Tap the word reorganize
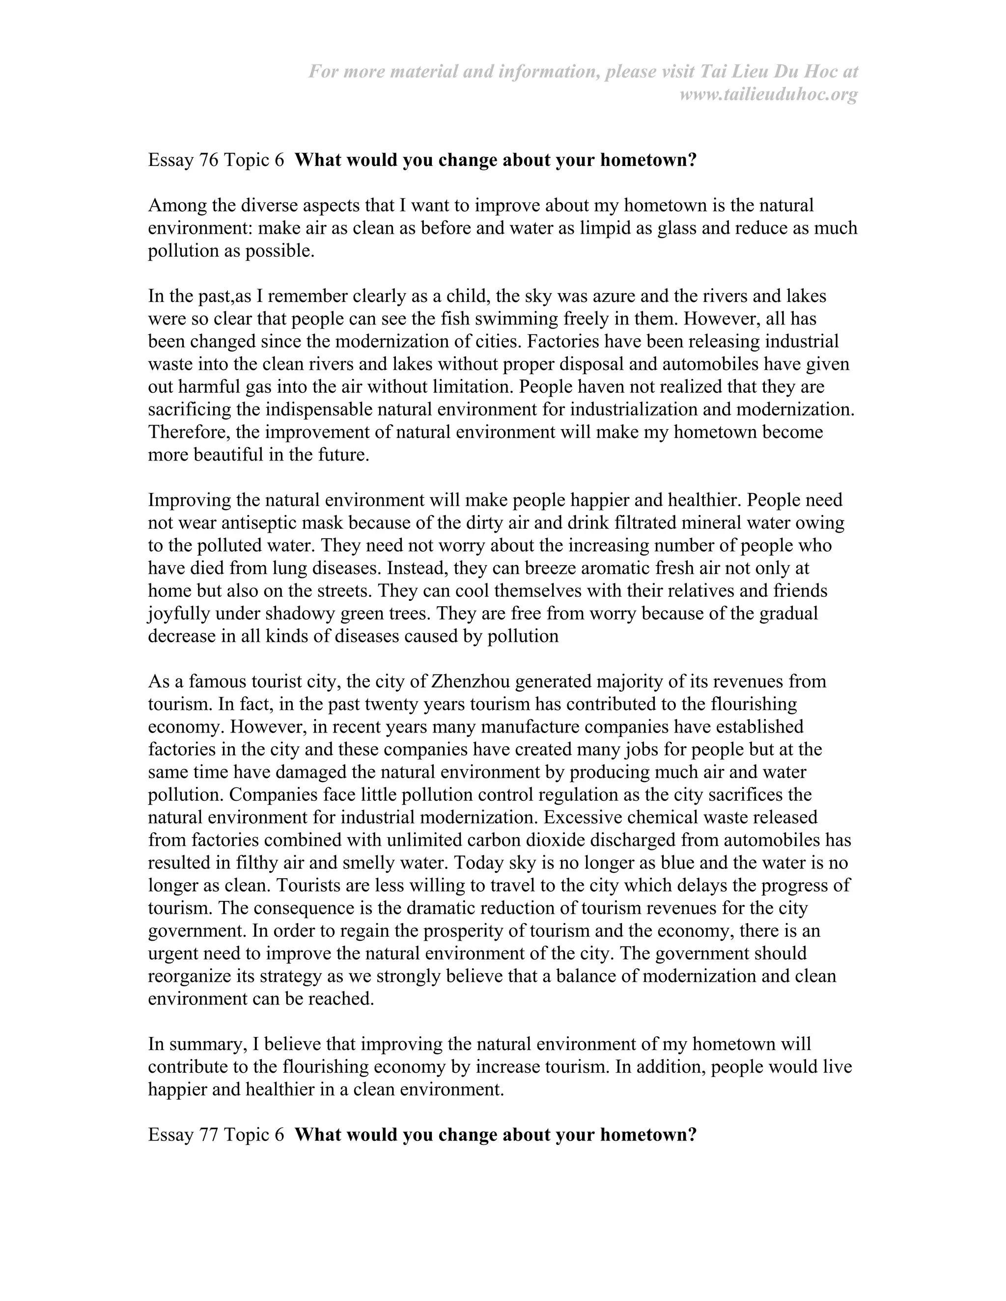tap(195, 976)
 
